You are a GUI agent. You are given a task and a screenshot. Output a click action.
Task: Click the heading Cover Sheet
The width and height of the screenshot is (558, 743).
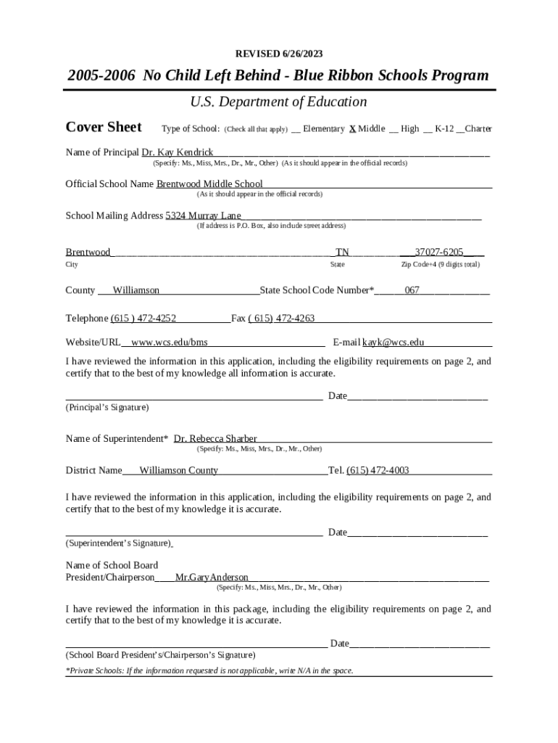click(x=104, y=128)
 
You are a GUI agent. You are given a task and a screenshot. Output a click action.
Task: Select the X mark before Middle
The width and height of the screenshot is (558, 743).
click(x=352, y=129)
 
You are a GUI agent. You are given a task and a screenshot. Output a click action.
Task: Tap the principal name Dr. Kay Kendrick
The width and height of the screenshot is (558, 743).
click(x=177, y=152)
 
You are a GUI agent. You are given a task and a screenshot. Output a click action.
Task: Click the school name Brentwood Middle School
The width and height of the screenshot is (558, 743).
click(x=209, y=184)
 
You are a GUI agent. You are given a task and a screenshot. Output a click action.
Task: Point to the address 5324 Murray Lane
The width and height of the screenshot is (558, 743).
click(x=203, y=216)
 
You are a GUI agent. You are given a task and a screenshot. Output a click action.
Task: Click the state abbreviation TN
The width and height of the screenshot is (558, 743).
click(x=342, y=253)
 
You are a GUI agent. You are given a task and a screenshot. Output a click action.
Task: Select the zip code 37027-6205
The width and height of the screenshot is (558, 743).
click(x=438, y=253)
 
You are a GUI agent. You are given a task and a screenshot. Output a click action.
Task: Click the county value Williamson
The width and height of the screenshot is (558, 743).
click(x=136, y=290)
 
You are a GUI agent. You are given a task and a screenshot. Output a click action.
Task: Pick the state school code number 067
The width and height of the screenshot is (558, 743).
click(x=412, y=290)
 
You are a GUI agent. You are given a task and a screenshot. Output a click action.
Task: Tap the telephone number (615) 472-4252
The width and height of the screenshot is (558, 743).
click(x=143, y=319)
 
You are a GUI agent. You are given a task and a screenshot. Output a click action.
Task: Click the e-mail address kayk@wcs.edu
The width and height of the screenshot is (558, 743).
click(x=393, y=342)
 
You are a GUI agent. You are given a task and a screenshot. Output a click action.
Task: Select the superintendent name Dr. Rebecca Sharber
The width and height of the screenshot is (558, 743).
click(x=215, y=439)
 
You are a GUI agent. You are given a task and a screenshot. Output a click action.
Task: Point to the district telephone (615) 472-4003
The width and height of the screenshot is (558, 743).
click(x=378, y=471)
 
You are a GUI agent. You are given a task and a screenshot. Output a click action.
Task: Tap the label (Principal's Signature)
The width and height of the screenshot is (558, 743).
click(x=107, y=408)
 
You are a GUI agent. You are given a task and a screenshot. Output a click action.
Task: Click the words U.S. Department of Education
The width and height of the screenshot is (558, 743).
click(x=279, y=102)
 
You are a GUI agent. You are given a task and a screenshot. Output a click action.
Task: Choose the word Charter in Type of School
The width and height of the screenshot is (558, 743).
click(x=478, y=129)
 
